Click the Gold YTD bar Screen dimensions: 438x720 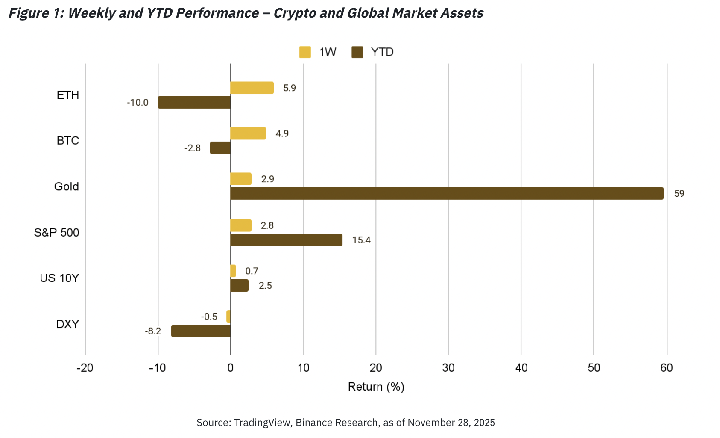447,193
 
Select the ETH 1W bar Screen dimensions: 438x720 252,88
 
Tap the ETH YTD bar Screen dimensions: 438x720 194,102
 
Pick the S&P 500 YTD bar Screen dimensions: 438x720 286,240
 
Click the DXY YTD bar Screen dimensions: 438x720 201,331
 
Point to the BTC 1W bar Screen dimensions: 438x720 248,133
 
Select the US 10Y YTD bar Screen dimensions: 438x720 240,285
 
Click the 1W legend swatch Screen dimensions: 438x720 305,52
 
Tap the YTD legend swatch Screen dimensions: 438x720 357,52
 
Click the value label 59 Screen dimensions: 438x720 679,194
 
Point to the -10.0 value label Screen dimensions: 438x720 138,103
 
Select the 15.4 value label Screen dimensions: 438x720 361,240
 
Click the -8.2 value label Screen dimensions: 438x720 153,331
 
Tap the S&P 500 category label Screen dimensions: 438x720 57,233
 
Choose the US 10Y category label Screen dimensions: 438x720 59,278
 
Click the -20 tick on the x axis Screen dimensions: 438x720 85,368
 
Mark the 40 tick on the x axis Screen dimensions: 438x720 521,368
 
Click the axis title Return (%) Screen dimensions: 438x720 376,387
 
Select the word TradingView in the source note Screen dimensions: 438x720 263,423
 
